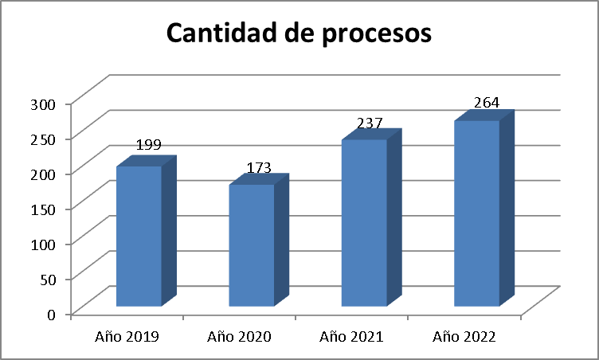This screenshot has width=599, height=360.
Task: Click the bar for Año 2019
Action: [139, 236]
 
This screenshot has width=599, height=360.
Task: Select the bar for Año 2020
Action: [252, 245]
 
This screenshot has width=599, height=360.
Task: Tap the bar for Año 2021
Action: [364, 223]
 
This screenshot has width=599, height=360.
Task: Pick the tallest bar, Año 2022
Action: [476, 213]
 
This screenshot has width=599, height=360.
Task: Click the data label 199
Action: [150, 145]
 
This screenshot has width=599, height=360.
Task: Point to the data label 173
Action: [259, 168]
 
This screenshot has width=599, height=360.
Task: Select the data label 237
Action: [370, 123]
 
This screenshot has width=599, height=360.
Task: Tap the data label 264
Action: [486, 103]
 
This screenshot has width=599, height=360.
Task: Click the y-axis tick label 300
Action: [42, 104]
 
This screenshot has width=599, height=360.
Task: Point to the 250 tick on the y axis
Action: [42, 139]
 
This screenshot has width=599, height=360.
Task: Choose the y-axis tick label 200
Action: [42, 174]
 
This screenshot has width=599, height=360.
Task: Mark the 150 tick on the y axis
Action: [42, 209]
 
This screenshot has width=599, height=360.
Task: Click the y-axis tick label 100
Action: [42, 244]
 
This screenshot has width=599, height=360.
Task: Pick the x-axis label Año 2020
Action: [240, 337]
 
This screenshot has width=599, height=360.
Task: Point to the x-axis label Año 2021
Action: [352, 337]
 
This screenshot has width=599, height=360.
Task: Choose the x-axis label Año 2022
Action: [464, 337]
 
